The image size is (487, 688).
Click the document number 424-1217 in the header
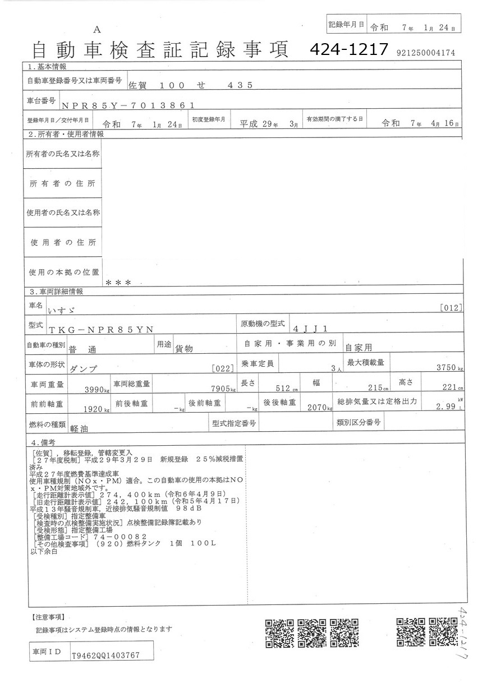coord(349,50)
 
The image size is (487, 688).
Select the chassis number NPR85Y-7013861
coord(128,104)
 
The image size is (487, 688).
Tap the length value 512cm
coord(287,389)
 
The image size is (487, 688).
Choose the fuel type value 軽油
coord(81,428)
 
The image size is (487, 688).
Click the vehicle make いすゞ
coord(62,309)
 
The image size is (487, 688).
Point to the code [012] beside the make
coord(451,307)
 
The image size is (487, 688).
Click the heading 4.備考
coord(42,442)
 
